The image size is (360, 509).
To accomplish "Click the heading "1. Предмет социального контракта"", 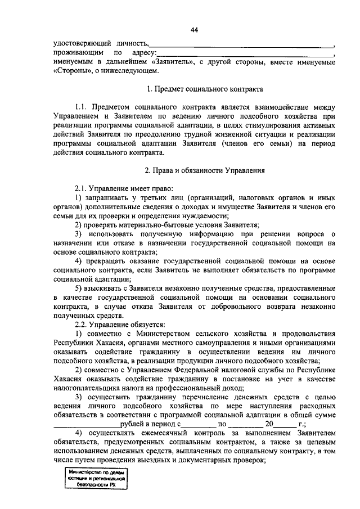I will (204, 89).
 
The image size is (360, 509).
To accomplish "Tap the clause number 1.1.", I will (83, 107).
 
